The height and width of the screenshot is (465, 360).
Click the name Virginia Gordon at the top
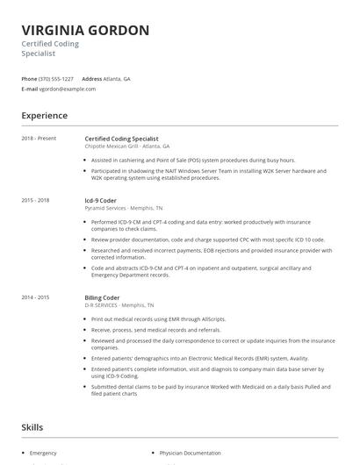pos(85,30)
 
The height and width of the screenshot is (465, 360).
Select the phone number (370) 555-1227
pos(56,79)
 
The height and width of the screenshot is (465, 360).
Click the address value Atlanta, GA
pos(117,79)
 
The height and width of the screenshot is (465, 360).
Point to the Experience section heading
pos(45,115)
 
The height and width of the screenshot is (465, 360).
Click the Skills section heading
pos(33,427)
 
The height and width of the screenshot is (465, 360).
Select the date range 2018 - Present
pos(39,139)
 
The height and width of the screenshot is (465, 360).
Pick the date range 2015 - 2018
pos(36,200)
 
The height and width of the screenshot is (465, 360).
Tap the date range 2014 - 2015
pos(36,297)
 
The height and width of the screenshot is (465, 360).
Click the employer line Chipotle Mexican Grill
pos(127,146)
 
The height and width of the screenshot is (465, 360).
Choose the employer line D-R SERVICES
pos(120,305)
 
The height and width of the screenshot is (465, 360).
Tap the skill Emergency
pos(43,453)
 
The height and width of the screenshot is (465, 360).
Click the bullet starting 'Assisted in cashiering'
pos(193,161)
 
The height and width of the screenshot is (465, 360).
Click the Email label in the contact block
pos(30,89)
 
